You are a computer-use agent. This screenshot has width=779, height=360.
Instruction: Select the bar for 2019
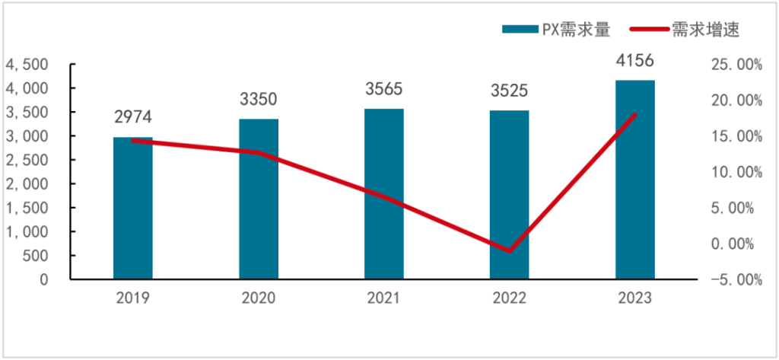132,209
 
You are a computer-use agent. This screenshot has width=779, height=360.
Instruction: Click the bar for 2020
259,199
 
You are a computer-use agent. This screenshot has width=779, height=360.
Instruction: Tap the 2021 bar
384,194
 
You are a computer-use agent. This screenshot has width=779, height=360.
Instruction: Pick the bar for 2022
509,195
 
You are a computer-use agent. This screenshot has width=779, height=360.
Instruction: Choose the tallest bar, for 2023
635,180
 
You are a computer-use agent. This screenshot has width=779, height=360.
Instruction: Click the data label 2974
132,117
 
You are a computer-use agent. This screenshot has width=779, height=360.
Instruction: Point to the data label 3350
259,99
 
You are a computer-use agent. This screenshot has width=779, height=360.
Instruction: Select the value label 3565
384,89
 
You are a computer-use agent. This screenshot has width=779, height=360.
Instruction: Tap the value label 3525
509,91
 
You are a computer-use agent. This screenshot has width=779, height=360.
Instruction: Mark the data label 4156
635,61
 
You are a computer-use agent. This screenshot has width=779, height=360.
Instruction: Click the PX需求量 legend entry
556,29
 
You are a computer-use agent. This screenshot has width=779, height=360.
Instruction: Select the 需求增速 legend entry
685,29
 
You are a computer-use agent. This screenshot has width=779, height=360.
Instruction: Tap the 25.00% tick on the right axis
736,65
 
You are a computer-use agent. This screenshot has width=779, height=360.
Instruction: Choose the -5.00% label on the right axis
736,280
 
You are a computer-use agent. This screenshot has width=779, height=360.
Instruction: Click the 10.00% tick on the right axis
736,173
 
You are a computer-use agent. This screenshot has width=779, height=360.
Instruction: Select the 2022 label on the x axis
509,298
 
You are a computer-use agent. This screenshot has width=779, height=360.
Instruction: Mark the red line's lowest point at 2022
509,251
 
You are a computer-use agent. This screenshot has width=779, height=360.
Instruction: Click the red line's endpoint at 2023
635,115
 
